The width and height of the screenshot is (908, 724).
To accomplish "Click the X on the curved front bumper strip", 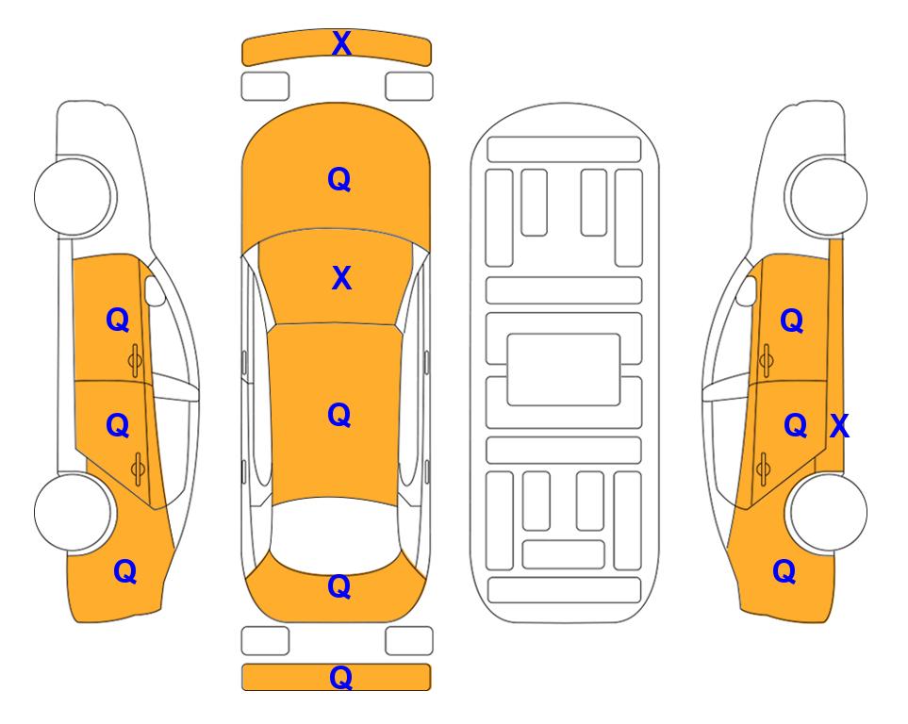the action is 341,43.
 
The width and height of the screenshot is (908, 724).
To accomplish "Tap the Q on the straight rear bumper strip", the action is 340,678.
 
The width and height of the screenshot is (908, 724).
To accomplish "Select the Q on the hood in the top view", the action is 339,179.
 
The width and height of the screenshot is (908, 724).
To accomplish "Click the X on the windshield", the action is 341,279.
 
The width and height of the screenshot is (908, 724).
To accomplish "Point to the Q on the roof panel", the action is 339,416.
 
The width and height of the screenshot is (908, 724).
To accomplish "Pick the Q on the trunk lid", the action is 339,586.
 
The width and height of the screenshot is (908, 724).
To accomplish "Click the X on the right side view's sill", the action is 839,426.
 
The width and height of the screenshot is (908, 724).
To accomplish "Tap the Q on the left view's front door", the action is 118,321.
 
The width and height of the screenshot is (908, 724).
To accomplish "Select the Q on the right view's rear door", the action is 795,426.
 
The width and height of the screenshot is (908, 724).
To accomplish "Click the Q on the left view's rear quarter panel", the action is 125,572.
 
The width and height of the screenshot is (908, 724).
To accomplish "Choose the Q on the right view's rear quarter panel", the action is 784,572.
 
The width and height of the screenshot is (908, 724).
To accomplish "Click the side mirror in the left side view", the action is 154,290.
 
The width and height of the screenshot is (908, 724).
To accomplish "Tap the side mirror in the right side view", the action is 747,290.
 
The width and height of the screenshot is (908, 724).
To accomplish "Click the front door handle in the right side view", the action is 767,360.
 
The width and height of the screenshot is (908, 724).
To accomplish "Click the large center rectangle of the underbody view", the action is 564,370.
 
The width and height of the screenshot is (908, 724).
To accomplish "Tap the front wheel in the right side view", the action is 826,196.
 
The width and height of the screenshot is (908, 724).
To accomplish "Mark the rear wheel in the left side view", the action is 74,512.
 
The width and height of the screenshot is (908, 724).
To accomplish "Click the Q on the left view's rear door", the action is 118,426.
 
